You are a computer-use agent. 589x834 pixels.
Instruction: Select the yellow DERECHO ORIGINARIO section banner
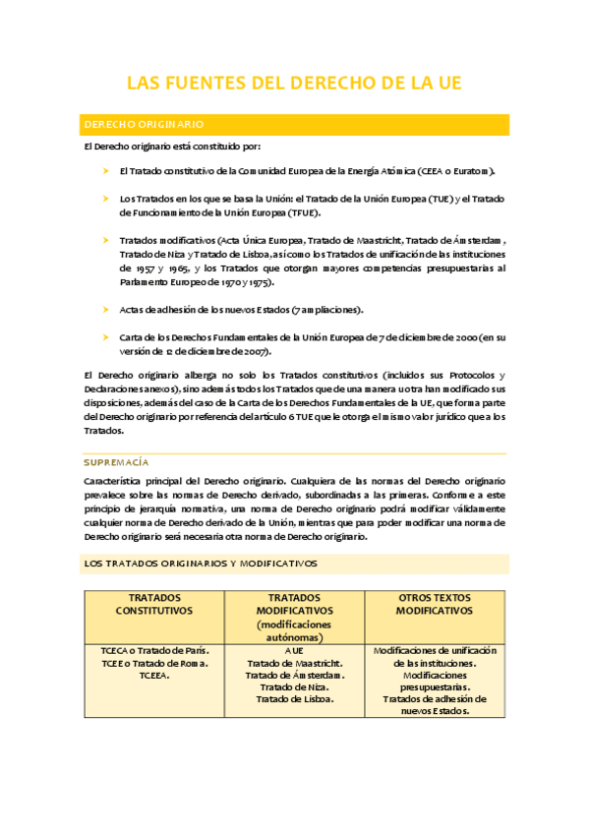[x=294, y=125]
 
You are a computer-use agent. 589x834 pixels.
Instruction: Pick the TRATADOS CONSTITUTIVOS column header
[x=153, y=604]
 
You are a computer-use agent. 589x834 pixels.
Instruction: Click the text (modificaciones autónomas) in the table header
[x=294, y=630]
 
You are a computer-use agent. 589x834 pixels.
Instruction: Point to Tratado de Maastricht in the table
[x=294, y=663]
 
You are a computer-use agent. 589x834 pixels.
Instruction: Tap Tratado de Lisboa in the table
[x=294, y=699]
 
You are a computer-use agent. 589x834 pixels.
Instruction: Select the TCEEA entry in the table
[x=153, y=676]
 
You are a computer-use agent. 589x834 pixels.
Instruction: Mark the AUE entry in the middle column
[x=294, y=651]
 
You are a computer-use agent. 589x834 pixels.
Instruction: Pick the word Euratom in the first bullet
[x=481, y=171]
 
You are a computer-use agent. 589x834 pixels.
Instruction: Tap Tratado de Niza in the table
[x=294, y=687]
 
